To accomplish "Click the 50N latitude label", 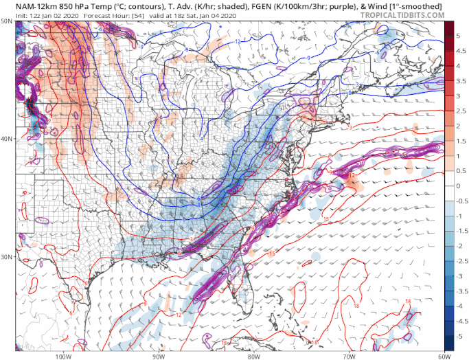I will point(6,21).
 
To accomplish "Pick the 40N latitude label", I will point(6,139).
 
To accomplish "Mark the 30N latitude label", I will point(6,257).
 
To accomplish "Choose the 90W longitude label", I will point(159,356).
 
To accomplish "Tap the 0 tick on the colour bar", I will point(459,186).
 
